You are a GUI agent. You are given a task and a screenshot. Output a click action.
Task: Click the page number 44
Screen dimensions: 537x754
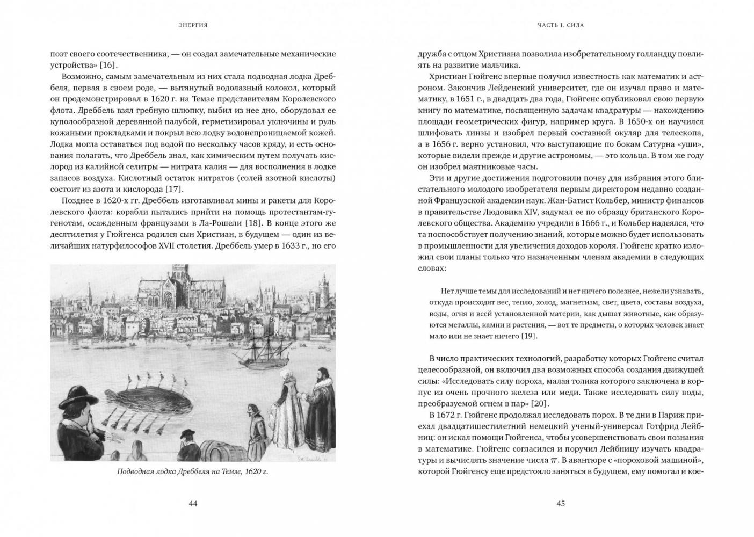(x=193, y=504)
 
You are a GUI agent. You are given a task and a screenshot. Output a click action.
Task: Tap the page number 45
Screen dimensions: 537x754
(x=561, y=504)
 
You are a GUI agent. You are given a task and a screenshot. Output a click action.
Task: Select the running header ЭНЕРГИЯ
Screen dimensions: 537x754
(x=193, y=25)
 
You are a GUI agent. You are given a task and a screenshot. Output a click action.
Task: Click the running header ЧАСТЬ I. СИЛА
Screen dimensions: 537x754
(x=561, y=25)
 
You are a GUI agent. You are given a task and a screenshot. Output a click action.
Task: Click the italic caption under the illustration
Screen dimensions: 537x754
(x=193, y=472)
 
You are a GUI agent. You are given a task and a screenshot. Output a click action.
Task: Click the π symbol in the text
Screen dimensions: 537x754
(x=554, y=460)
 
